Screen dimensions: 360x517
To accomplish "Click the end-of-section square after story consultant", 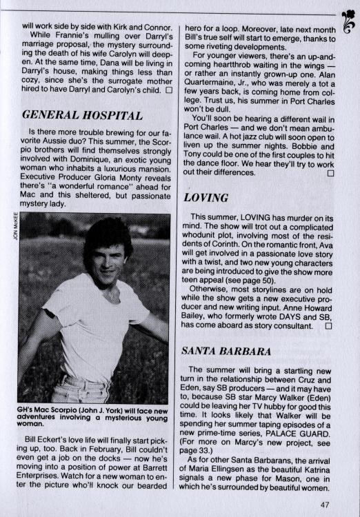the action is (x=328, y=325).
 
